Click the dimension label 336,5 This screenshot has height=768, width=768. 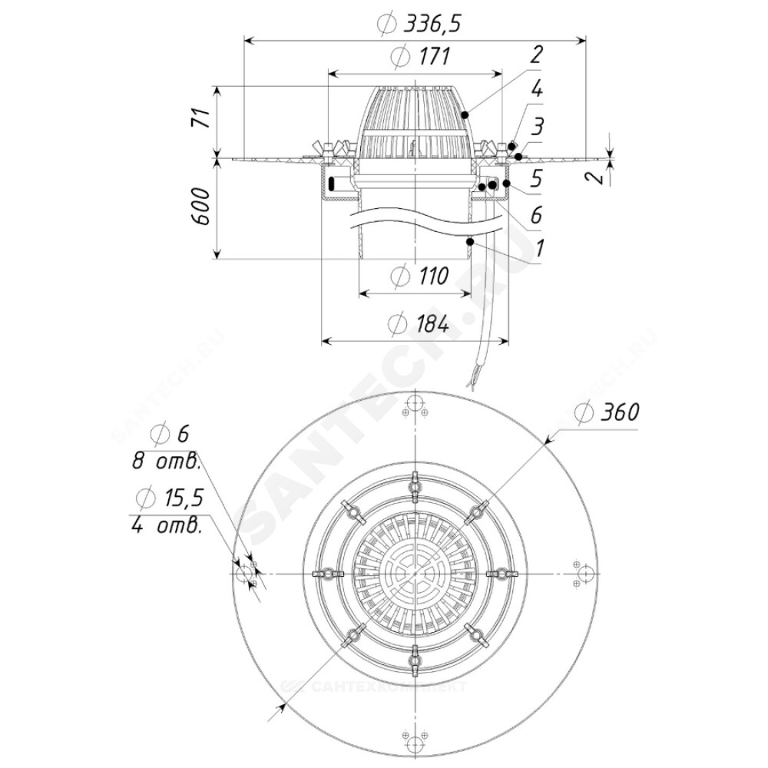click(432, 23)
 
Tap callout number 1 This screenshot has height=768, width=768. click(539, 248)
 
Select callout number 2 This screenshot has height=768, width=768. click(536, 55)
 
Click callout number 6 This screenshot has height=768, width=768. click(536, 214)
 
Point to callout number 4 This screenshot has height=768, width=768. click(537, 88)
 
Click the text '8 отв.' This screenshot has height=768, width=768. click(167, 462)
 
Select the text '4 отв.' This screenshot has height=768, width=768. click(167, 526)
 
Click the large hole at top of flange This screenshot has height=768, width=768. click(415, 405)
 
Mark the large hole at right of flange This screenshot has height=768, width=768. click(586, 574)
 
